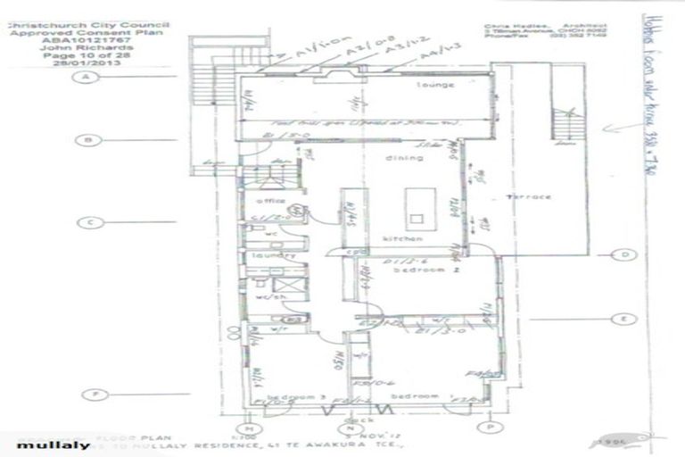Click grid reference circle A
tap(87, 78)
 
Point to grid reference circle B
tap(87, 140)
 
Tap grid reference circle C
tap(87, 223)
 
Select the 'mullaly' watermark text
tap(41, 445)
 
